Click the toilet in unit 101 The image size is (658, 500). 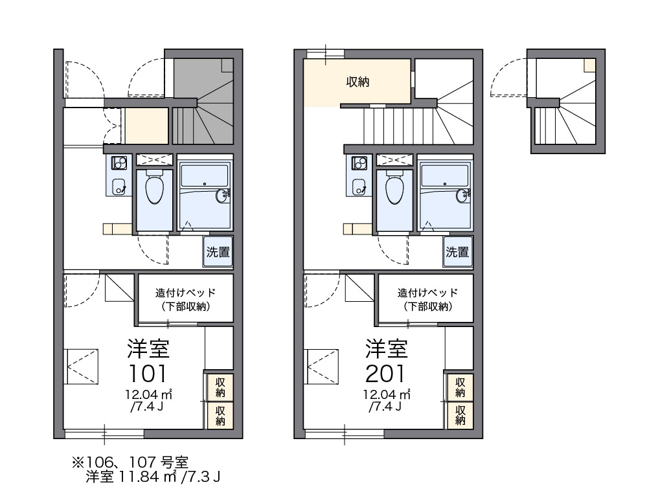point(154,187)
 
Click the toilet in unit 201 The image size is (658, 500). point(394,187)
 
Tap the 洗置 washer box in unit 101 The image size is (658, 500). point(218,252)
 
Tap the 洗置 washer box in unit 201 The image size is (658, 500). point(458,252)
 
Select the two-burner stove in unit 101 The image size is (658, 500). point(119,163)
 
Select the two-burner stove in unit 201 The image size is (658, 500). point(359,163)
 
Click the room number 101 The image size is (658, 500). point(147,374)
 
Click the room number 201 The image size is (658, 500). point(385,374)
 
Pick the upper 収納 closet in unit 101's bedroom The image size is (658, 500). point(220,387)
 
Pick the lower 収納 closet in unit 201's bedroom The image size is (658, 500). point(460,415)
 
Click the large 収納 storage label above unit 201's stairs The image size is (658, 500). point(357,82)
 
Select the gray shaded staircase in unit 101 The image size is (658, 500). point(203,101)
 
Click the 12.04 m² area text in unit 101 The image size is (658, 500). point(148,394)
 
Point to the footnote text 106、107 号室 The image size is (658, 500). point(137,462)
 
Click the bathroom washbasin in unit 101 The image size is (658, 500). point(222,196)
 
